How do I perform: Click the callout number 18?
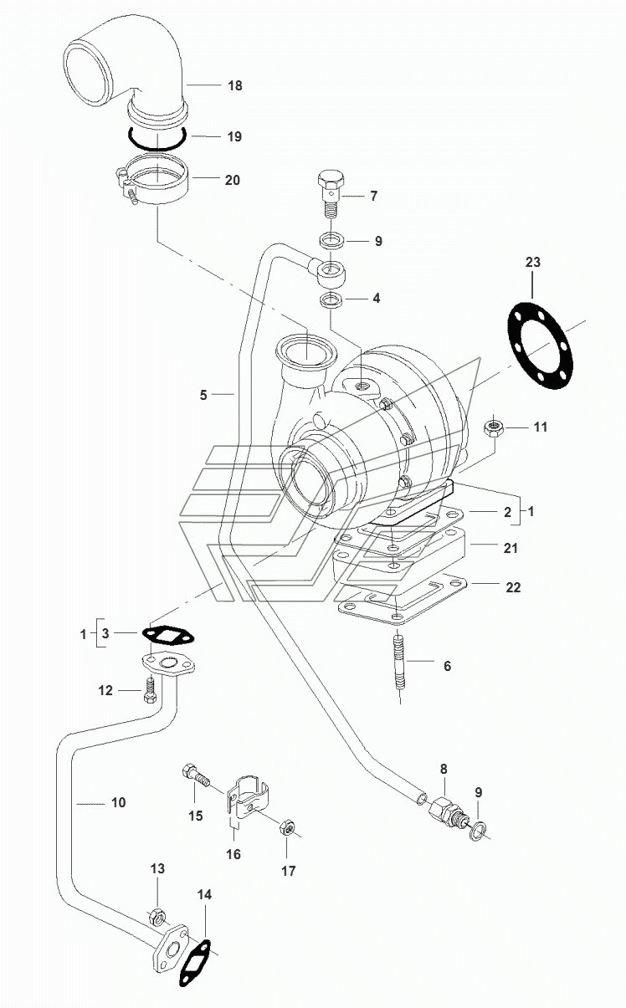(x=235, y=85)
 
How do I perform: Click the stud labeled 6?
(x=399, y=668)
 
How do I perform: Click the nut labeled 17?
(x=287, y=826)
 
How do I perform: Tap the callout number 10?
(x=119, y=802)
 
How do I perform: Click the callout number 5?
(x=203, y=395)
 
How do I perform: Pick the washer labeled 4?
(x=331, y=299)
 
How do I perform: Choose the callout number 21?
(x=511, y=548)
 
